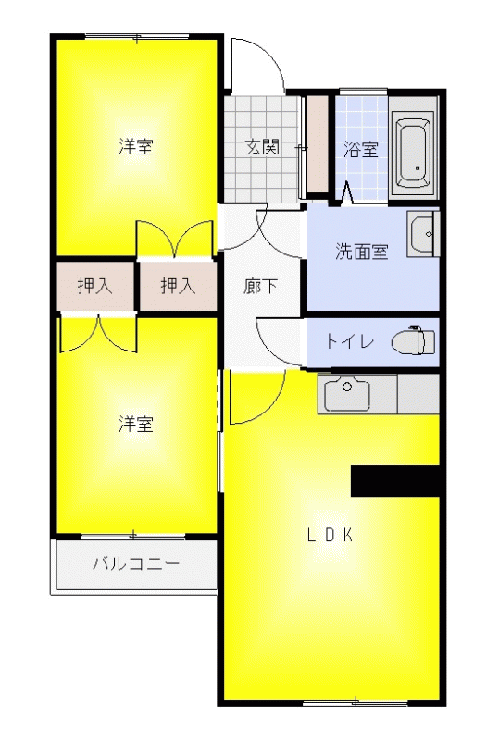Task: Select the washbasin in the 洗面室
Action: (423, 234)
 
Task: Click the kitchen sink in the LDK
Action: (347, 393)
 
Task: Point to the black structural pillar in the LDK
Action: (395, 481)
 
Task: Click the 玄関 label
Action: (262, 148)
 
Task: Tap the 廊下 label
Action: (260, 286)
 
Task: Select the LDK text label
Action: (331, 535)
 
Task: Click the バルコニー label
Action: (136, 563)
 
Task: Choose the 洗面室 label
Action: (362, 252)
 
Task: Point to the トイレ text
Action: (350, 341)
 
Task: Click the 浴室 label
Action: (361, 150)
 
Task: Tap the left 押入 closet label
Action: (95, 286)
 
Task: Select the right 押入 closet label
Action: (178, 286)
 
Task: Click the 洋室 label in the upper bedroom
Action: (136, 147)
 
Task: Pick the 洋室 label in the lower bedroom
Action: (136, 424)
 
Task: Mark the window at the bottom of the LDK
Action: (355, 703)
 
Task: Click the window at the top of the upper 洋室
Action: (137, 37)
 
